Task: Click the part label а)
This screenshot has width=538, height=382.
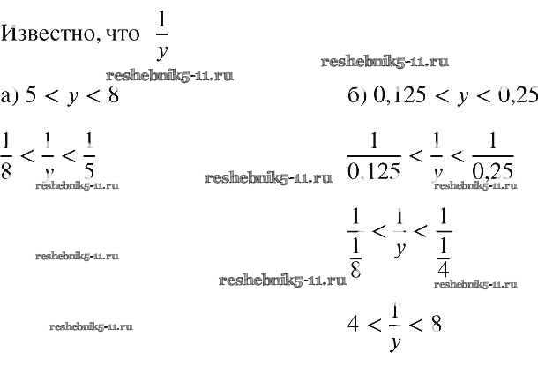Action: pos(11,96)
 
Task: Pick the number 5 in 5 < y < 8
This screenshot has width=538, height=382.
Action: pos(34,96)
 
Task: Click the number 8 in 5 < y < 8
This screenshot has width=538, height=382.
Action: pos(112,96)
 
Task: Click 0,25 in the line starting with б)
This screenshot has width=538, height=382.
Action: pos(514,96)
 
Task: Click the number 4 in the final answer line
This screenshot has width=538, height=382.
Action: pos(352,324)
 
